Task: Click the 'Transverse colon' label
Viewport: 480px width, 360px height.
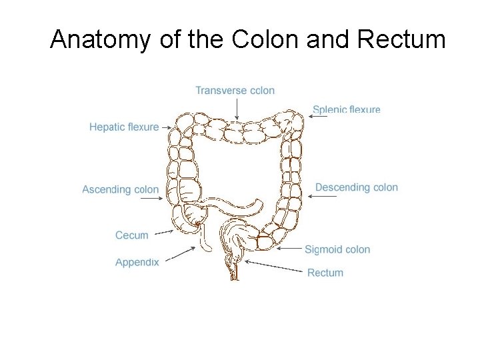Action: [235, 91]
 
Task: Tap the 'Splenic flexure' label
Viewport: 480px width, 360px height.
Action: [346, 109]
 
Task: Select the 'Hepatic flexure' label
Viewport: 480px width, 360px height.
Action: [124, 127]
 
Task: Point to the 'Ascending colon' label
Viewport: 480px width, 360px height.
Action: [121, 190]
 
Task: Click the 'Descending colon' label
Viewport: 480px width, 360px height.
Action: [356, 187]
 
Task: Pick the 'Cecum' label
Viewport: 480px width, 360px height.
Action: [132, 235]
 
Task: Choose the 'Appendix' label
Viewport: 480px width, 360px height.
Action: [137, 262]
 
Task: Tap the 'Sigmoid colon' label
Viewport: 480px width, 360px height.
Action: [337, 249]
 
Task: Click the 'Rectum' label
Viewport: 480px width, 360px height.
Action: [325, 273]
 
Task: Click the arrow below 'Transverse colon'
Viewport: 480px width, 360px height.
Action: [235, 109]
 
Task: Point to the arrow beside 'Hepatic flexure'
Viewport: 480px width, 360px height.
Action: [167, 127]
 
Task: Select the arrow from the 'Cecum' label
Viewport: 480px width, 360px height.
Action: [163, 233]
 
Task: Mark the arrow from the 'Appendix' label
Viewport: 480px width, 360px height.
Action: [179, 253]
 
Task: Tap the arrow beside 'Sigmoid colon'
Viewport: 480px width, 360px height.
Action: [289, 249]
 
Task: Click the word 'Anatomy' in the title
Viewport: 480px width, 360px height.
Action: [101, 40]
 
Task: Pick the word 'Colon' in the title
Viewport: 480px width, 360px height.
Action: [265, 40]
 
